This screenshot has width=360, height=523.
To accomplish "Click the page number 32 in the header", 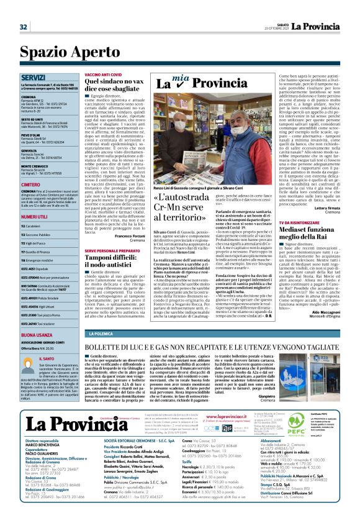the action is click(24, 27).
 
